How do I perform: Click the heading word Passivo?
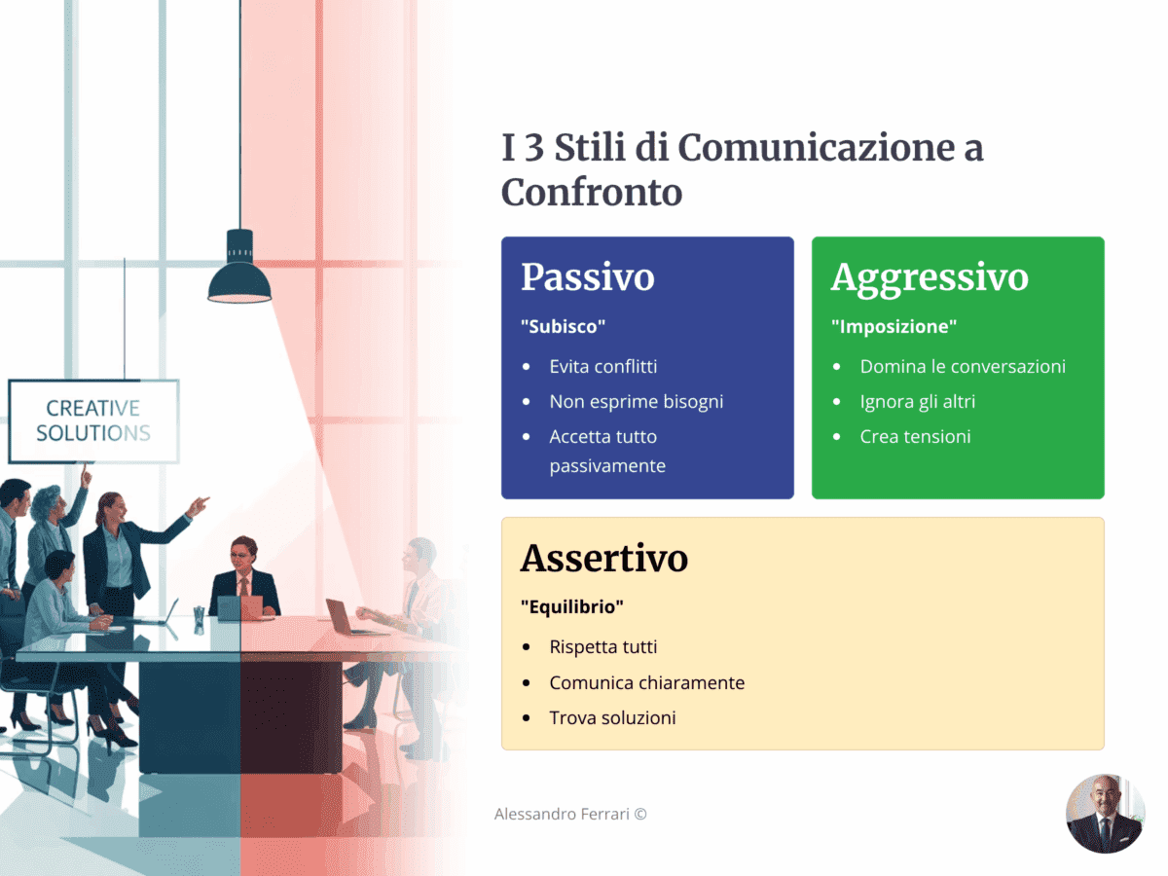click(587, 277)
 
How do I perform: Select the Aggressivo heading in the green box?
click(930, 277)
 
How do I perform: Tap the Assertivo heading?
click(603, 559)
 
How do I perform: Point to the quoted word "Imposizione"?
click(894, 327)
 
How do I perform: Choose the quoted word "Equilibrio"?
click(571, 607)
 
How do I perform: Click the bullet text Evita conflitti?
click(603, 367)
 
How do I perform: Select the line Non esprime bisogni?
click(636, 402)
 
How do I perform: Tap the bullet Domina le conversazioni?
click(963, 367)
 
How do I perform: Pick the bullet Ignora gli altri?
click(917, 402)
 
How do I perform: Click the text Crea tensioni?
click(915, 437)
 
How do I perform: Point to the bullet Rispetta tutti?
click(603, 647)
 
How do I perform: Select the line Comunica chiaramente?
click(646, 683)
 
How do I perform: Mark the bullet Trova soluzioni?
click(612, 718)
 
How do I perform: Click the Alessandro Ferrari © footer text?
click(570, 814)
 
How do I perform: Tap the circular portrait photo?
click(1105, 814)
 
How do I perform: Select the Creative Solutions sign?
click(93, 420)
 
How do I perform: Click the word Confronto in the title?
click(592, 193)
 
